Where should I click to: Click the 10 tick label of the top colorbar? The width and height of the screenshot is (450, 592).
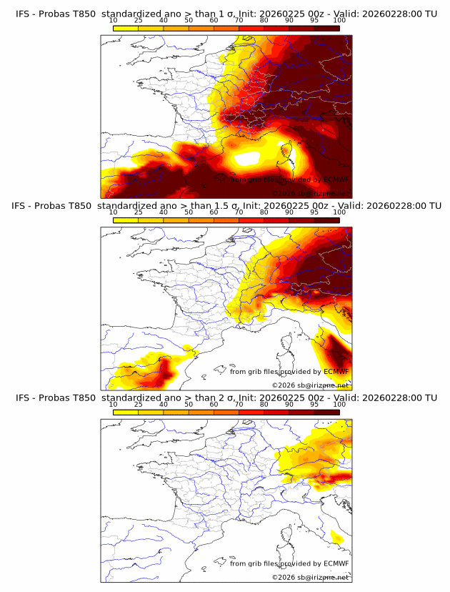point(114,20)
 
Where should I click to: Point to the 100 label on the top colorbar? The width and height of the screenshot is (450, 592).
point(339,20)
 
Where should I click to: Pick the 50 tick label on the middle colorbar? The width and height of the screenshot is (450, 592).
point(189,212)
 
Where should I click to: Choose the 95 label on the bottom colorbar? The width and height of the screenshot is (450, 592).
point(314,404)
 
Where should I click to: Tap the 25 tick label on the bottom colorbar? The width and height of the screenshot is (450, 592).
point(139,404)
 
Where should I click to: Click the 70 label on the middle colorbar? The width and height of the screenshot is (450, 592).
point(239,212)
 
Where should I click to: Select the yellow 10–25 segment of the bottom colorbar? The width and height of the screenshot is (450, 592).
point(126,412)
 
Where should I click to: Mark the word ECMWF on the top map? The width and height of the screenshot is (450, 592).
point(336,179)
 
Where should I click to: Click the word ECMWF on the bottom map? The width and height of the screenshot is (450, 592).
point(336,563)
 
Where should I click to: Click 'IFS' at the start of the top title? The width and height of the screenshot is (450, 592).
point(23,14)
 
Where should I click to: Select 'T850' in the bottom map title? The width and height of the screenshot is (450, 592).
point(83,398)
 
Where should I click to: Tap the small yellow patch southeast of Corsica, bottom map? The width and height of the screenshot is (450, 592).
point(336,538)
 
